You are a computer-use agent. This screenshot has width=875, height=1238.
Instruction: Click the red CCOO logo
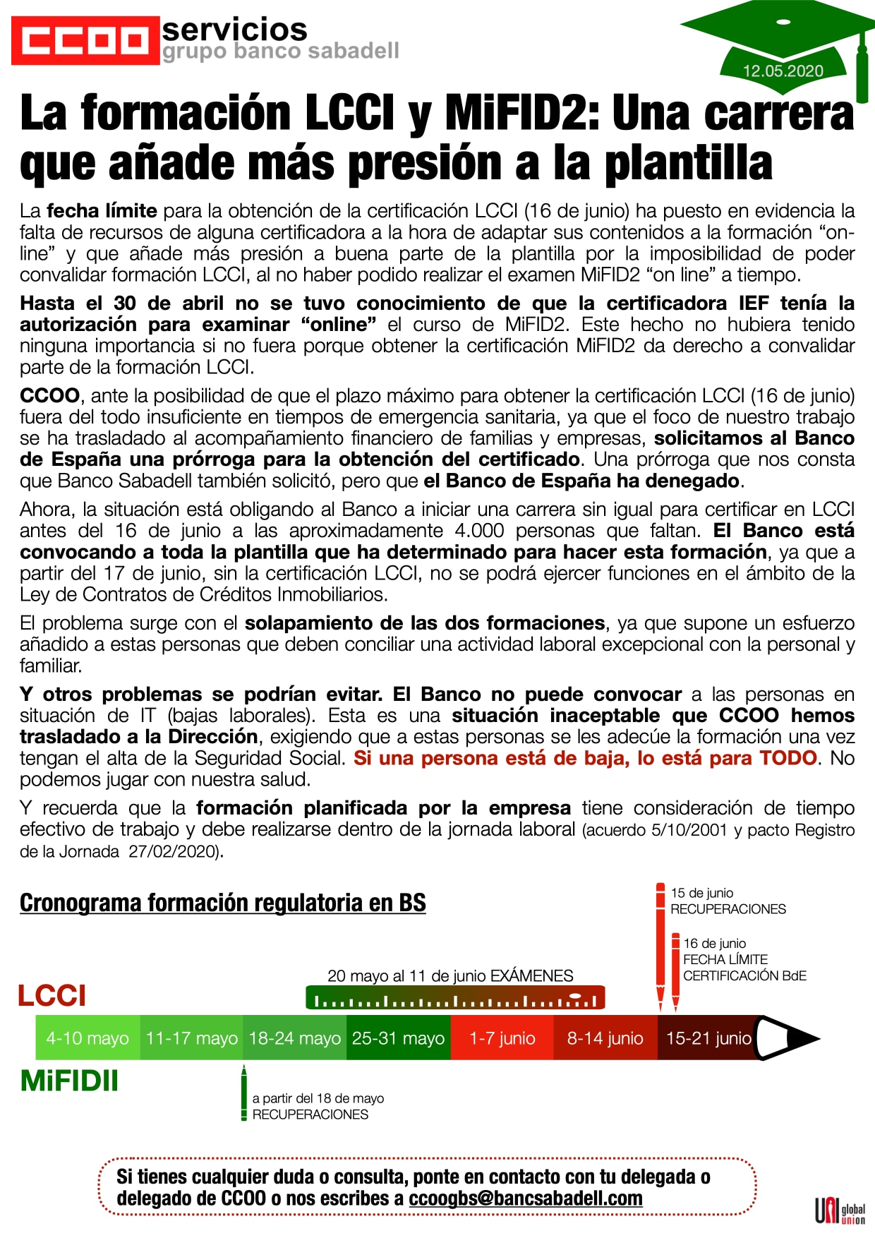click(85, 40)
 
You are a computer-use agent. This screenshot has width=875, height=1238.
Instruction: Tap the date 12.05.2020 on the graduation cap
click(783, 71)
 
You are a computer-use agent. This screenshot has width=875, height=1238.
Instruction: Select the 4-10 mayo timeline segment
click(87, 1038)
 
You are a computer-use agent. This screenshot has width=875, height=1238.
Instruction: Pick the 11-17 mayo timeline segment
click(191, 1038)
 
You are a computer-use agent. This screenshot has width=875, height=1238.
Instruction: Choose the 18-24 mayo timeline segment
click(294, 1038)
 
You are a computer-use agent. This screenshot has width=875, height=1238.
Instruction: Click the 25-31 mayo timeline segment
click(398, 1038)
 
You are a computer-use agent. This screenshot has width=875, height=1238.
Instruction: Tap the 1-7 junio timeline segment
click(502, 1038)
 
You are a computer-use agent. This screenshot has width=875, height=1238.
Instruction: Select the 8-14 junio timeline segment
click(605, 1038)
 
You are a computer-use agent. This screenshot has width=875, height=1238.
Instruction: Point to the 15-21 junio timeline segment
click(708, 1038)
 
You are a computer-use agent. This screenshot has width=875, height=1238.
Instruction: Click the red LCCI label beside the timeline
click(52, 995)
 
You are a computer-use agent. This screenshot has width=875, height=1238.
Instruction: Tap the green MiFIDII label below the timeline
click(69, 1081)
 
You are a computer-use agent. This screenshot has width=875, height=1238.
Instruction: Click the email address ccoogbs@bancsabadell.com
click(526, 1198)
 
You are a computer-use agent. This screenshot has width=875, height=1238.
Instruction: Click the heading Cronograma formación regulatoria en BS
click(222, 903)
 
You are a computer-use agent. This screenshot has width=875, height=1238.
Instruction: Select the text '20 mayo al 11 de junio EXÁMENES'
click(450, 975)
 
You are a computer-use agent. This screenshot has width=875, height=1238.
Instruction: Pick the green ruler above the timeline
click(455, 998)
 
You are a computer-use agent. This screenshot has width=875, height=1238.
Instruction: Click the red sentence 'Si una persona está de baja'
click(585, 758)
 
